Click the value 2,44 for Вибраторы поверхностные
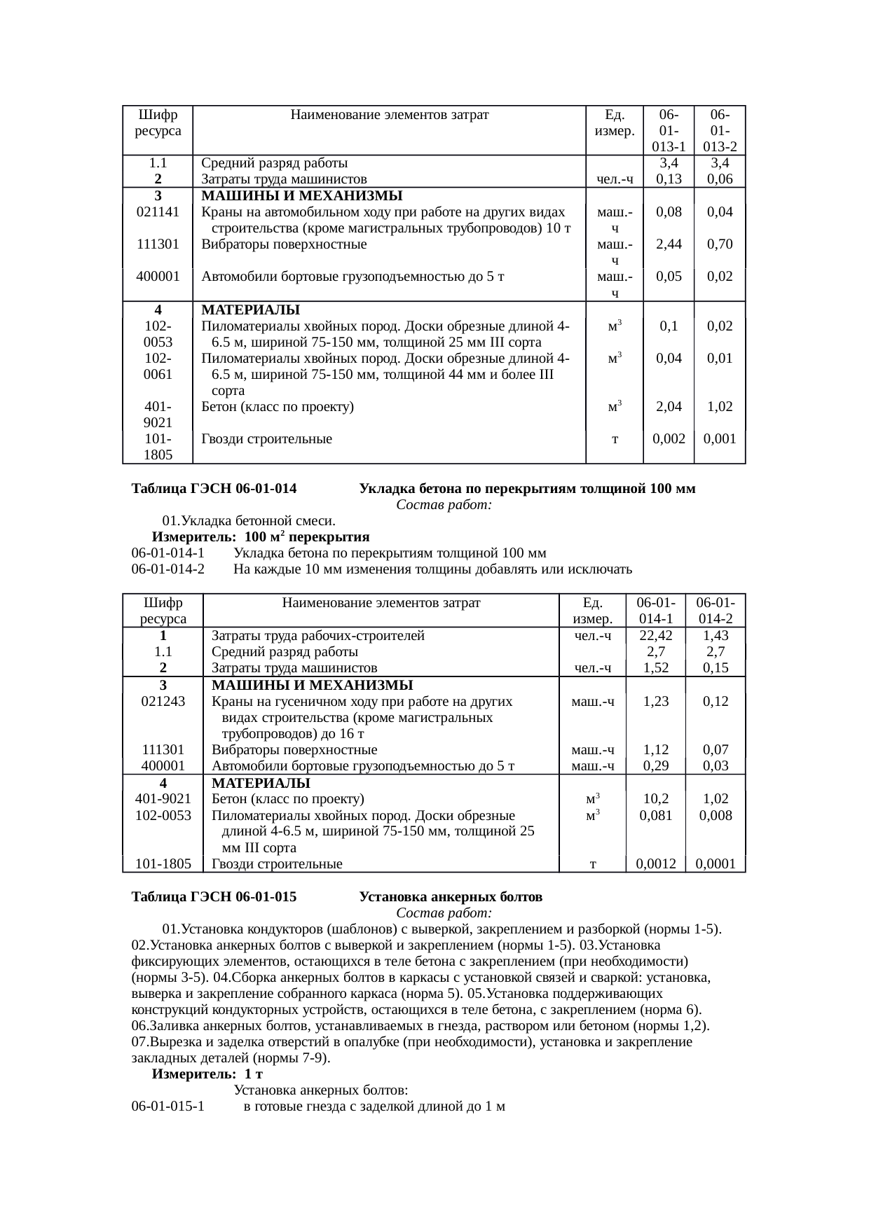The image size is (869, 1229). (x=668, y=244)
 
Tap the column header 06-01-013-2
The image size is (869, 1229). (x=720, y=131)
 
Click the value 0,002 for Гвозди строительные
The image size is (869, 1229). (x=668, y=439)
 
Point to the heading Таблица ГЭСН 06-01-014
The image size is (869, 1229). (x=214, y=489)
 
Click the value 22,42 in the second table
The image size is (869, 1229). (x=655, y=636)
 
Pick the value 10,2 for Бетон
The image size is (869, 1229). (x=655, y=799)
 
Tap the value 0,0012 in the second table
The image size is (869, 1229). (x=655, y=863)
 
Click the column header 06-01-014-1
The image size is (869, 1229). (x=655, y=611)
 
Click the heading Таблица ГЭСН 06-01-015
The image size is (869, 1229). (x=214, y=897)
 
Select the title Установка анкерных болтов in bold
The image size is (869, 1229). (x=451, y=897)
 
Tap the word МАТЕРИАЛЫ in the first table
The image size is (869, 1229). (x=251, y=310)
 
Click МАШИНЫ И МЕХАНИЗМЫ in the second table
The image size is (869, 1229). (x=312, y=685)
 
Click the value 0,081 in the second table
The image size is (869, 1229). (x=655, y=816)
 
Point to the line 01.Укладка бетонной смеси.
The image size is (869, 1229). (x=248, y=521)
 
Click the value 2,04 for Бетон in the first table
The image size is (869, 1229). (x=668, y=407)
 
